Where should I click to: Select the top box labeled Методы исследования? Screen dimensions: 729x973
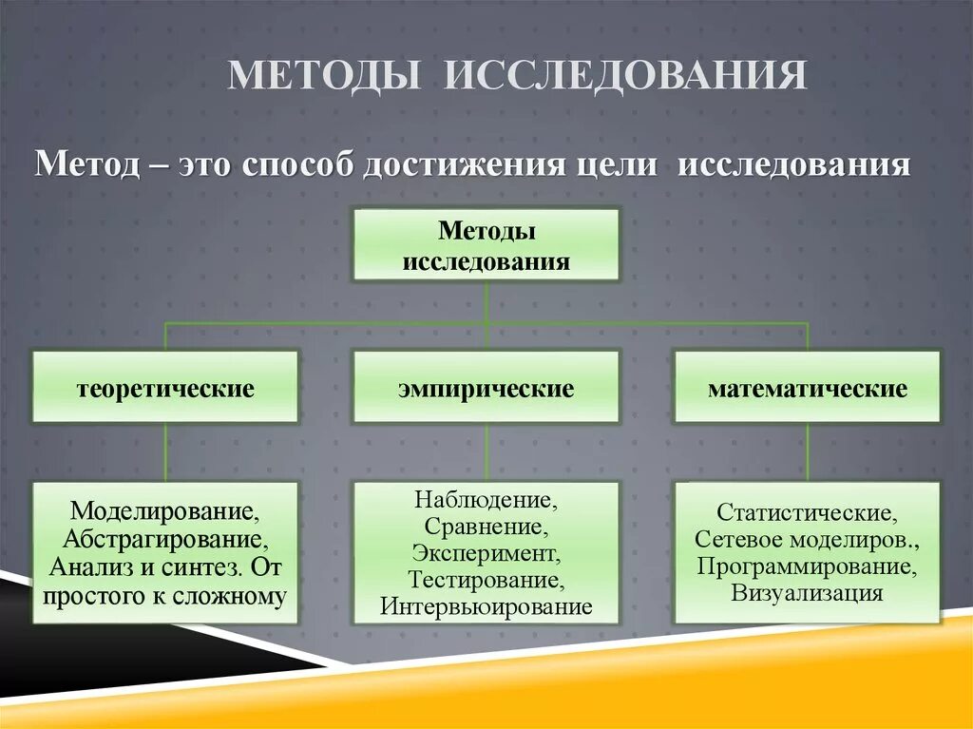pos(486,245)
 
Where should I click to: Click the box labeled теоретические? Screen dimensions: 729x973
pos(165,387)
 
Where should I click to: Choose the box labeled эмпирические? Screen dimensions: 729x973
pos(486,387)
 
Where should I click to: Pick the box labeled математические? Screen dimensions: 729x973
pos(807,387)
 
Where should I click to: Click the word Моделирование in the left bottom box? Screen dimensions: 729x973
pos(165,512)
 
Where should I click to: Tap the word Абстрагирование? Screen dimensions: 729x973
pos(165,540)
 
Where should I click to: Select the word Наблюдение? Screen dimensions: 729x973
pos(486,499)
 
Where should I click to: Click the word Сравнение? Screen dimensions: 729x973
pos(486,526)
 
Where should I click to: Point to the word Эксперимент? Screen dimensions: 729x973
pos(486,552)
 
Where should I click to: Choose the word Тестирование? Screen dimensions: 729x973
pos(486,579)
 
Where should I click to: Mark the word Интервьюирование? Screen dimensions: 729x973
pos(486,606)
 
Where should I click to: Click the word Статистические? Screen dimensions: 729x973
pos(807,512)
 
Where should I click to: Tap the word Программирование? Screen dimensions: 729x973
pos(807,566)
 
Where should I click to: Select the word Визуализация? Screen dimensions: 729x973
pos(807,593)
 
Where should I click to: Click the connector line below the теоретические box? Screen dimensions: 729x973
pos(166,452)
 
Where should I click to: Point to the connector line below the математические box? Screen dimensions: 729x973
pos(808,452)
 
